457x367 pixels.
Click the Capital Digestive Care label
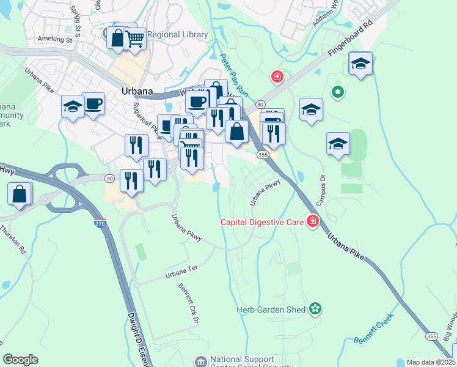tap(263, 222)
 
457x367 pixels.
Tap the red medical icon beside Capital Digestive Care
tap(313, 221)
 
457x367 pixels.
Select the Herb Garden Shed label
tap(271, 310)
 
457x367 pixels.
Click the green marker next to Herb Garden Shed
tap(315, 310)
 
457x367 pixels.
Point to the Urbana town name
tap(137, 91)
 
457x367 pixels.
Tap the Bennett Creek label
tap(373, 331)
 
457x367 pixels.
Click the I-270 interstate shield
tap(100, 224)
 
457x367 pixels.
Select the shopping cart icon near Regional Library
tap(134, 40)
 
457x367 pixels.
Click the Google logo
tap(20, 360)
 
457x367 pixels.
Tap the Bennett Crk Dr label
tap(188, 304)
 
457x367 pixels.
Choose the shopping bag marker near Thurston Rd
tap(20, 195)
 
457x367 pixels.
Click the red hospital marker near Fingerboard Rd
tap(277, 77)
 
